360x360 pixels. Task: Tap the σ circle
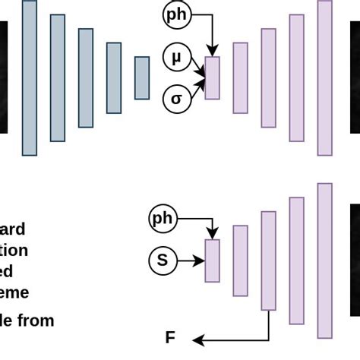(x=177, y=99)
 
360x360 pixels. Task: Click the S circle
(x=162, y=261)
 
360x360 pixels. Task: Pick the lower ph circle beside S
(x=163, y=219)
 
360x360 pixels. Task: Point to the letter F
(x=170, y=338)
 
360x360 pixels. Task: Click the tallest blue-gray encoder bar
(x=30, y=77)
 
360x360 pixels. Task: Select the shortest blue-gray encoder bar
(x=142, y=77)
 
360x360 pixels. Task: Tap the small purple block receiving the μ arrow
(x=212, y=77)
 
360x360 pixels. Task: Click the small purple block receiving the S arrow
(x=212, y=261)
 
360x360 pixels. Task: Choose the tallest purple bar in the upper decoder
(x=324, y=77)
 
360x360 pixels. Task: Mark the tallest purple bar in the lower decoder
(x=325, y=261)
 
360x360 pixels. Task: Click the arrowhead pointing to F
(x=196, y=338)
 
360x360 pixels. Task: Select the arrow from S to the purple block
(x=191, y=261)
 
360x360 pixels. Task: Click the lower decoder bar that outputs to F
(x=268, y=261)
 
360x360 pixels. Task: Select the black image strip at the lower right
(x=355, y=260)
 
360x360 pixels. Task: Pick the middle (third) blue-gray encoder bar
(x=86, y=77)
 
